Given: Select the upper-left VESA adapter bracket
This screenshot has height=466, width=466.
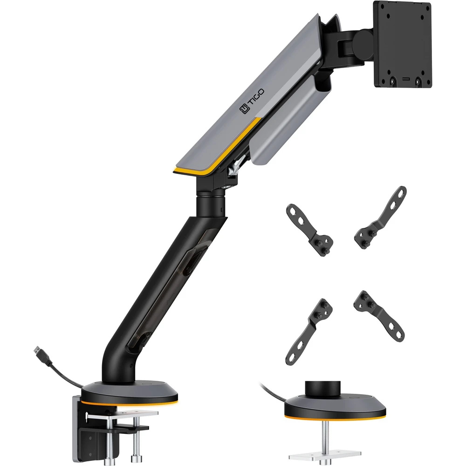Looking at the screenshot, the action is (x=309, y=229).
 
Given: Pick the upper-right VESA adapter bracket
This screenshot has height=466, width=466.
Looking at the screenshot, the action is (x=380, y=218).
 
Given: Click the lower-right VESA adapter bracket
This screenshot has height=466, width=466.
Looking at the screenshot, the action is (x=379, y=316).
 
